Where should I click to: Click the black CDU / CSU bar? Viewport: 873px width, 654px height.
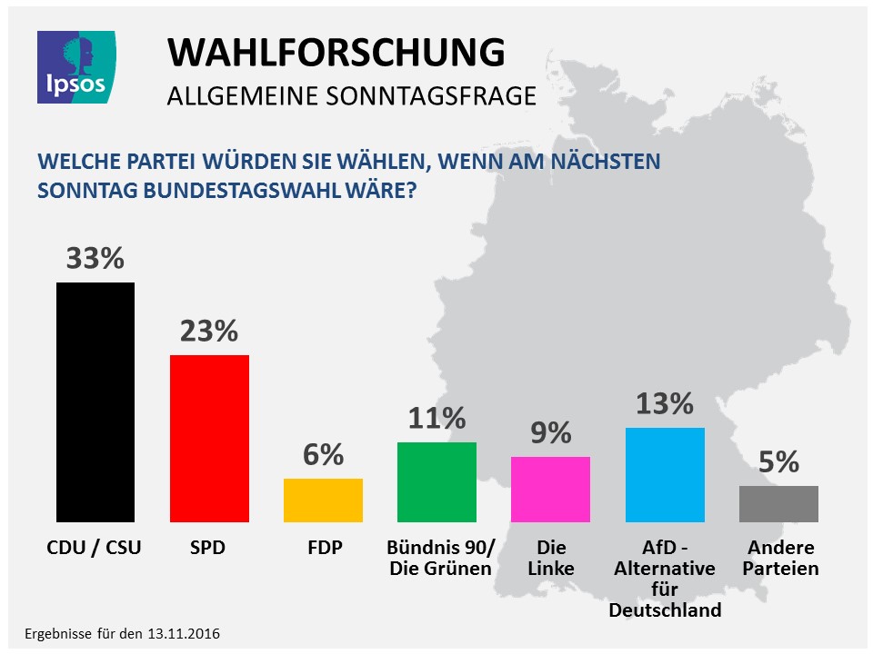(x=95, y=401)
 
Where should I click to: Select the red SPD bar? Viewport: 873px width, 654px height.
(x=209, y=438)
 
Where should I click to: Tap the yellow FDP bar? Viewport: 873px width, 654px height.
(x=323, y=500)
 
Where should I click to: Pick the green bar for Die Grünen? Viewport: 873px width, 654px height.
(x=436, y=481)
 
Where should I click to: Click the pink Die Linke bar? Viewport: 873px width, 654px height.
(x=550, y=489)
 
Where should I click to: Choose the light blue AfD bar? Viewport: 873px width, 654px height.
(x=665, y=474)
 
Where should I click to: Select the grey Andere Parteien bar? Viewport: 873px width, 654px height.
(x=778, y=503)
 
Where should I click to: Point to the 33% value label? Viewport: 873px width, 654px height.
(x=95, y=259)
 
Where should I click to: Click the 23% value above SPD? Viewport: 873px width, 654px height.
(x=208, y=331)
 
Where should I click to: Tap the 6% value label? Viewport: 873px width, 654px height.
(x=323, y=455)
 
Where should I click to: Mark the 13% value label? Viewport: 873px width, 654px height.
(x=665, y=403)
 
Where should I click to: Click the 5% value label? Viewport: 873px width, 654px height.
(x=778, y=462)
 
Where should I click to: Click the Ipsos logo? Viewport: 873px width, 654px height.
(x=75, y=66)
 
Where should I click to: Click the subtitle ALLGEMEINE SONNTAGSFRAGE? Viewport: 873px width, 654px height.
(x=352, y=96)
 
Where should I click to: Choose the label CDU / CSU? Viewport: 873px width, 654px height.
(x=95, y=549)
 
